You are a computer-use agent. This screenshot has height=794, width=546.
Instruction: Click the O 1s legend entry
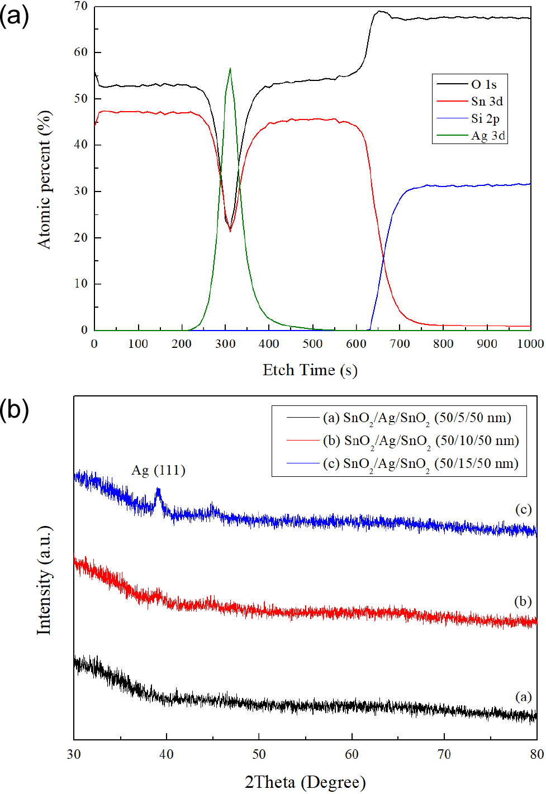tap(483, 84)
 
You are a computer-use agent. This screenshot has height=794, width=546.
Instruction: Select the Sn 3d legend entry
tap(486, 101)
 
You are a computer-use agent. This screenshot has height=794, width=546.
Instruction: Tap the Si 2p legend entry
tap(485, 118)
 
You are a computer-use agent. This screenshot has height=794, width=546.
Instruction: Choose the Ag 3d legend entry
tap(487, 136)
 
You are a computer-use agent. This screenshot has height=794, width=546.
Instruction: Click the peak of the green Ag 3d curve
tap(230, 69)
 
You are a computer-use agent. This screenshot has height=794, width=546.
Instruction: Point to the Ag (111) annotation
tap(158, 470)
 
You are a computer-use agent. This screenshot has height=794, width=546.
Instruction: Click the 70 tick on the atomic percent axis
tap(81, 6)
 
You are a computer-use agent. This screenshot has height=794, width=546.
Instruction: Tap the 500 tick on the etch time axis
tap(312, 344)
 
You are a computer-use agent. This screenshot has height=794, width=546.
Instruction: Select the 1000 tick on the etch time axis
tap(530, 344)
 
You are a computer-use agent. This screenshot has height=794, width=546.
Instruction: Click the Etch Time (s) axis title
tap(310, 370)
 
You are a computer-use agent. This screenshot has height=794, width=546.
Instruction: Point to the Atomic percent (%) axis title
tap(44, 179)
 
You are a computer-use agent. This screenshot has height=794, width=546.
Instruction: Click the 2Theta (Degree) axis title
tap(305, 782)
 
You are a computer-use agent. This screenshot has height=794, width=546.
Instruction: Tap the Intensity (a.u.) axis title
tap(44, 580)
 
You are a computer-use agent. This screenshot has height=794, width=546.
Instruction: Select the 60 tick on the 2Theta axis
tap(352, 754)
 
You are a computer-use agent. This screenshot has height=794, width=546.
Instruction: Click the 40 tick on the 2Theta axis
tap(167, 754)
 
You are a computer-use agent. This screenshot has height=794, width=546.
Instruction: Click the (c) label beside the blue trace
tap(523, 509)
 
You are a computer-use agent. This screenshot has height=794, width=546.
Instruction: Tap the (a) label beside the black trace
tap(523, 696)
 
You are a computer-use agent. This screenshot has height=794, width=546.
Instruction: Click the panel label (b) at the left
tap(15, 409)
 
